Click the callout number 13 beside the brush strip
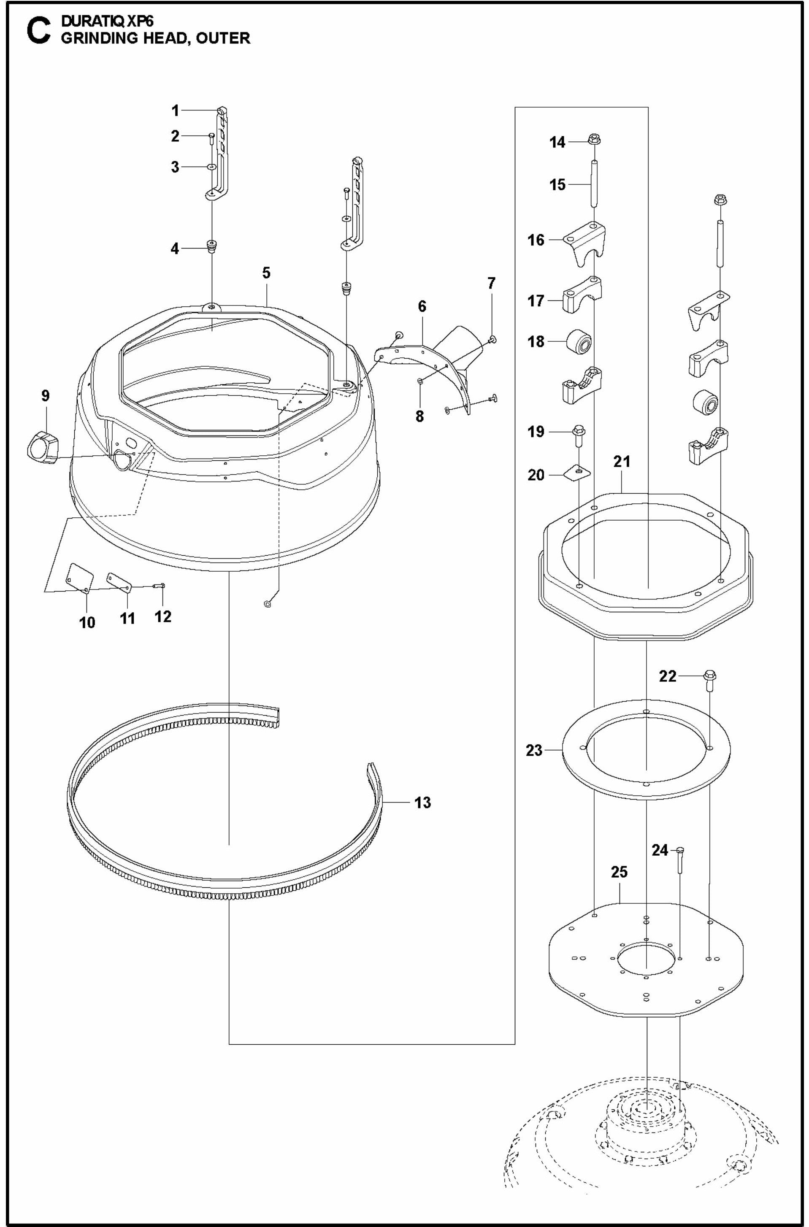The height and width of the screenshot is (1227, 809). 422,803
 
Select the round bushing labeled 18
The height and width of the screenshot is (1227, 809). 579,342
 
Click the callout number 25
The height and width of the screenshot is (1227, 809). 619,872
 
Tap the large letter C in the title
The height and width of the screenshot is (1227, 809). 38,32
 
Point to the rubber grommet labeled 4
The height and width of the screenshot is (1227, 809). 211,246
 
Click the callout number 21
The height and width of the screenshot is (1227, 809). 622,462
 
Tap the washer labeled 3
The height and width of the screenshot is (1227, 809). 211,167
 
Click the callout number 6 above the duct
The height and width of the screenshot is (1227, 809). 422,306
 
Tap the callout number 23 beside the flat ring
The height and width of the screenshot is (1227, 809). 534,751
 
